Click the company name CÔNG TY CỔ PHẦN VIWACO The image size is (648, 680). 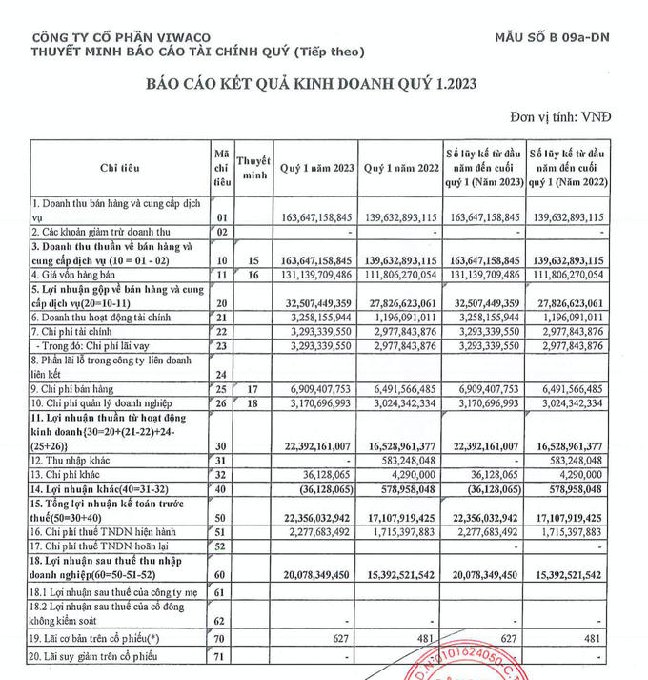[x=112, y=36]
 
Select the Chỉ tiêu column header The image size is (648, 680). [x=119, y=168]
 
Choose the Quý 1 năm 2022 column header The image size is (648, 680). [x=398, y=168]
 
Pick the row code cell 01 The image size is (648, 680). [x=222, y=217]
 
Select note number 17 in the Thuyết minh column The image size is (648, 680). [x=253, y=389]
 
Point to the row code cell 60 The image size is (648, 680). [x=222, y=575]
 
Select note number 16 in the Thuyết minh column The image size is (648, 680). [x=253, y=275]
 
